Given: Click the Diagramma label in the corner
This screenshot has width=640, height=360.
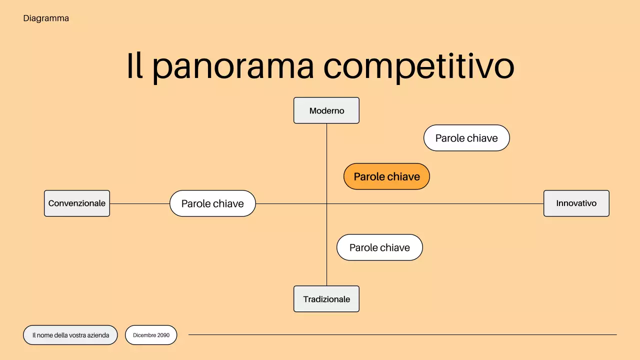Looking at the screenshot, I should (46, 18).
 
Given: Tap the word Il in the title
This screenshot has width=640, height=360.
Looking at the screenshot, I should (134, 66).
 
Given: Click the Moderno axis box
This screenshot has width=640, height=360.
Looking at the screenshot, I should (326, 110).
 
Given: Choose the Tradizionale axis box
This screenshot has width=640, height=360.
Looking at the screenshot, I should (326, 299).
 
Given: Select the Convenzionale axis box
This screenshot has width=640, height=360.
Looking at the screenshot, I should (77, 203).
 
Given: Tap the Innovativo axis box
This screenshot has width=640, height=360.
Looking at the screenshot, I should (576, 203).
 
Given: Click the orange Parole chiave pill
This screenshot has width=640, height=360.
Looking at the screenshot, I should (386, 176).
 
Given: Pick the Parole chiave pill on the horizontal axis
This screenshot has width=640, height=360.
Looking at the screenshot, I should (212, 203).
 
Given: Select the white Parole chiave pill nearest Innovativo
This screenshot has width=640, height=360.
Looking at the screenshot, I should (466, 138).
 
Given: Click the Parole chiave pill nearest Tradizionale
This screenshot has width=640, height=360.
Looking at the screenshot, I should (379, 247).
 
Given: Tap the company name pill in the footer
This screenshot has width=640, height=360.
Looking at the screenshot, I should (70, 335).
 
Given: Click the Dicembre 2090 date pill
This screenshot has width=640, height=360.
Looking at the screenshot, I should (151, 335).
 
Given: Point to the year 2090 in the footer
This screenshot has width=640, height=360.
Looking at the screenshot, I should (163, 335).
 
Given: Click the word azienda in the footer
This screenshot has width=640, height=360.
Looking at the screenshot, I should (98, 335).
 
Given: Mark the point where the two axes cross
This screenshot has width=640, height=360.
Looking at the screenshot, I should (326, 203).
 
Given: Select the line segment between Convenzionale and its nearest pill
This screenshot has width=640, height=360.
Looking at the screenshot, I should (139, 203).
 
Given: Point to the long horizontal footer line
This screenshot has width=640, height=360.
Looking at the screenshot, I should (402, 334).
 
